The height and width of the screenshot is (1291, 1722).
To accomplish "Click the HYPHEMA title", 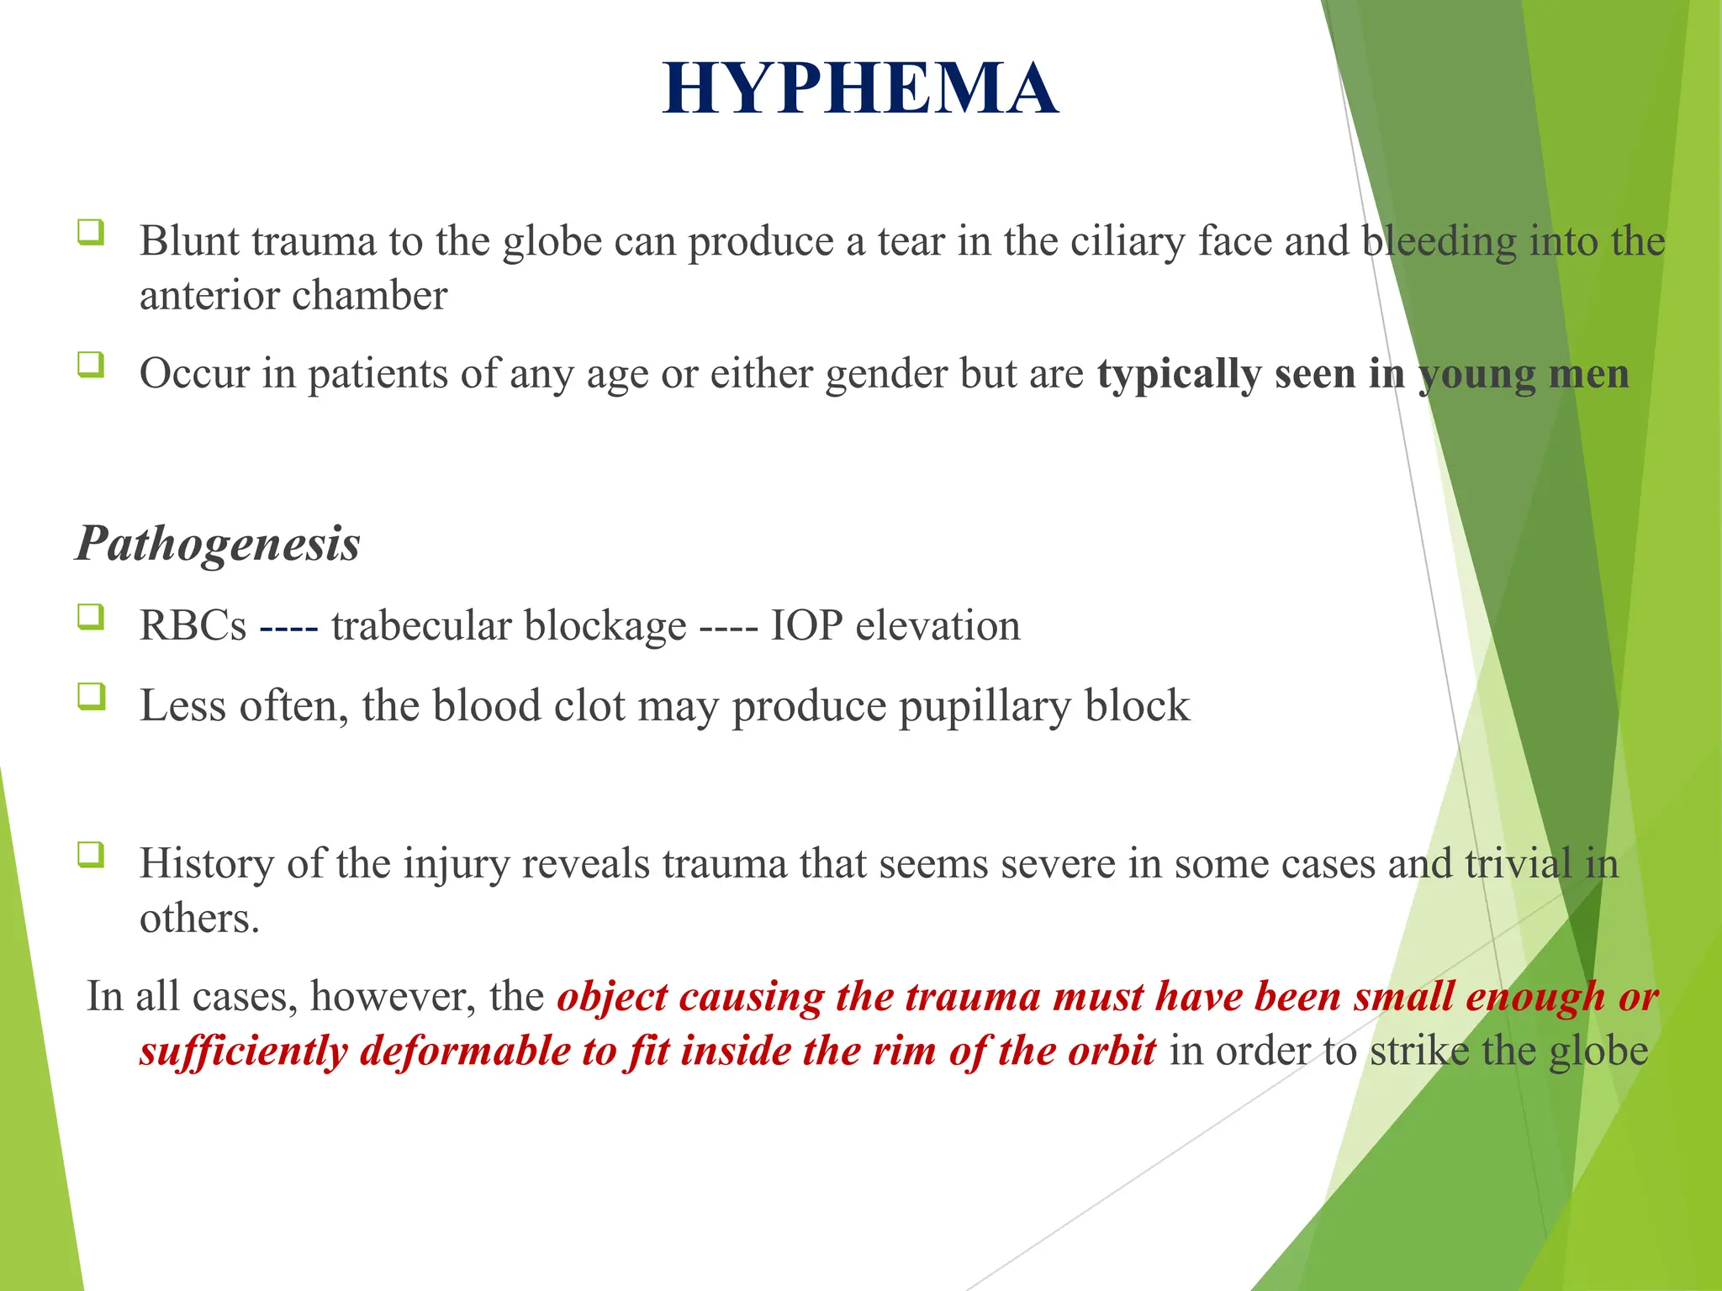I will tap(859, 89).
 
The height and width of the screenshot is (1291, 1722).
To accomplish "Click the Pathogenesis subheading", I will tap(219, 543).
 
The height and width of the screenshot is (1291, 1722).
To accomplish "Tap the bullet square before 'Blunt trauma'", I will tap(91, 232).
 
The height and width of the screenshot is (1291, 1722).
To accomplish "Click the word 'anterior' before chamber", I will tap(209, 296).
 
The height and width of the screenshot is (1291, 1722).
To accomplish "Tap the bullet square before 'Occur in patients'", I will tap(91, 365).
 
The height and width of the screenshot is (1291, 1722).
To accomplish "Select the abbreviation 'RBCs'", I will tap(193, 626).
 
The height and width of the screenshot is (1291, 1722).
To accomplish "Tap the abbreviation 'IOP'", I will tap(806, 626).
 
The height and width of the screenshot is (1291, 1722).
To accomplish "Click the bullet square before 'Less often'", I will tap(91, 697).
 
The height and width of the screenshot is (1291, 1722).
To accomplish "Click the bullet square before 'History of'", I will tap(91, 855).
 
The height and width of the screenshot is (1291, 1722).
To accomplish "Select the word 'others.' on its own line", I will tap(199, 918).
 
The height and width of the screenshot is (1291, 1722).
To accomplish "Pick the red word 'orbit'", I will tap(1112, 1051).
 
